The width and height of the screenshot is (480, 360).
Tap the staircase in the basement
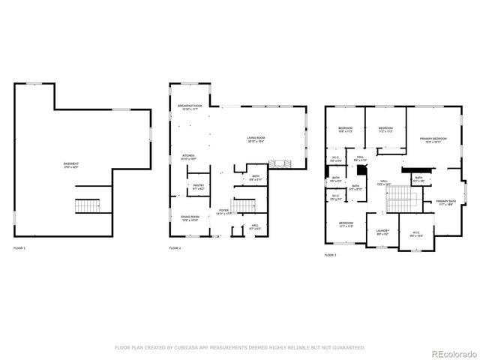point(88,205)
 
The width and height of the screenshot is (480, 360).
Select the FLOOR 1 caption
point(19,248)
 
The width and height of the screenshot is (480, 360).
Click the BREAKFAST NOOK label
point(190,106)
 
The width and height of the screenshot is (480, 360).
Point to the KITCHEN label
point(188,157)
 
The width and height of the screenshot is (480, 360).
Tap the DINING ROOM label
point(189,217)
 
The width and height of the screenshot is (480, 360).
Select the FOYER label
point(223,211)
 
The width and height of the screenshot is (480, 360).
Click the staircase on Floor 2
point(244,205)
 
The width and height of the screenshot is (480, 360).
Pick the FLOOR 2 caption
point(175,248)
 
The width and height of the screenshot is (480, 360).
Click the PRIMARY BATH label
point(446,201)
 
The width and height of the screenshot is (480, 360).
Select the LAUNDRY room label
point(382,231)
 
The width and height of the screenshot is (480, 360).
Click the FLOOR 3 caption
point(331,255)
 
